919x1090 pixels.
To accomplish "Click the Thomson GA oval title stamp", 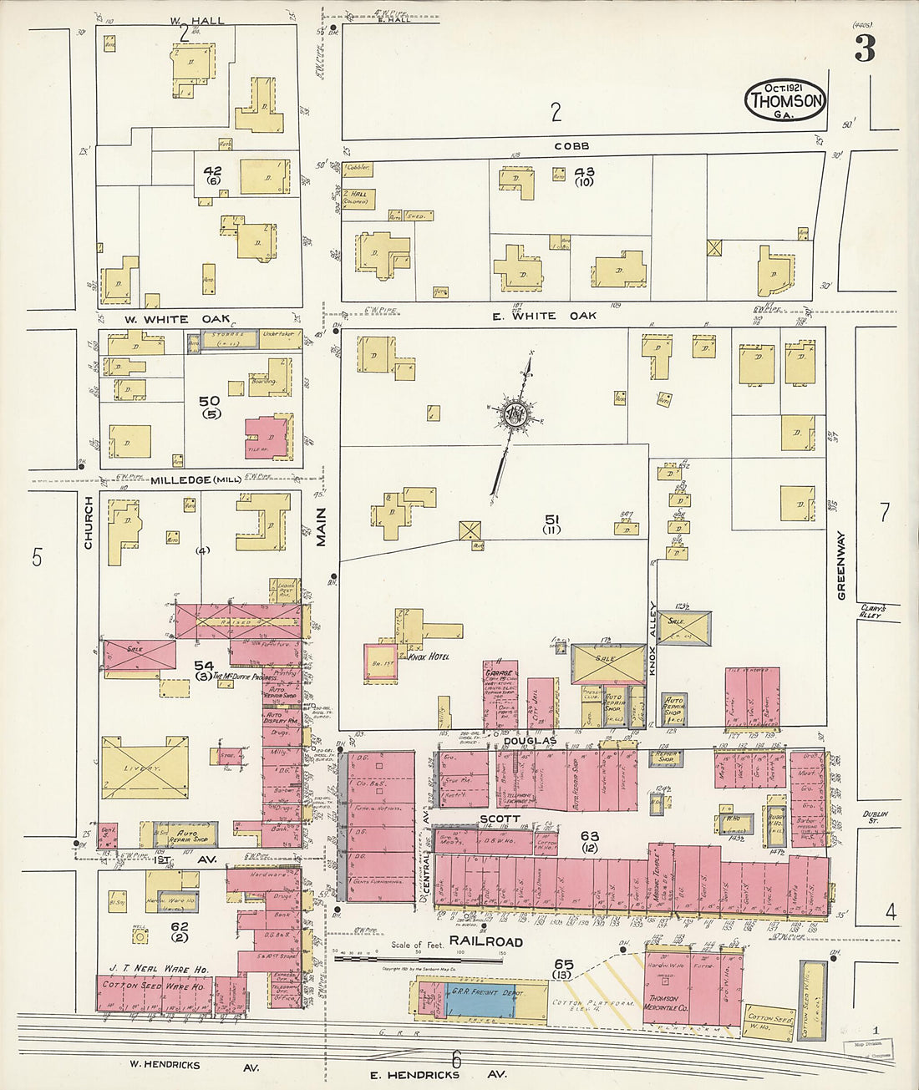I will coord(785,100).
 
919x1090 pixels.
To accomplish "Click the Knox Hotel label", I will coord(428,657).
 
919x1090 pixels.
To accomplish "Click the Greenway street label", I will coord(841,565).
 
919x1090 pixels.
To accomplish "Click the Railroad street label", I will coord(485,941).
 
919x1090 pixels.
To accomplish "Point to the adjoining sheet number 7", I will coord(885,512).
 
